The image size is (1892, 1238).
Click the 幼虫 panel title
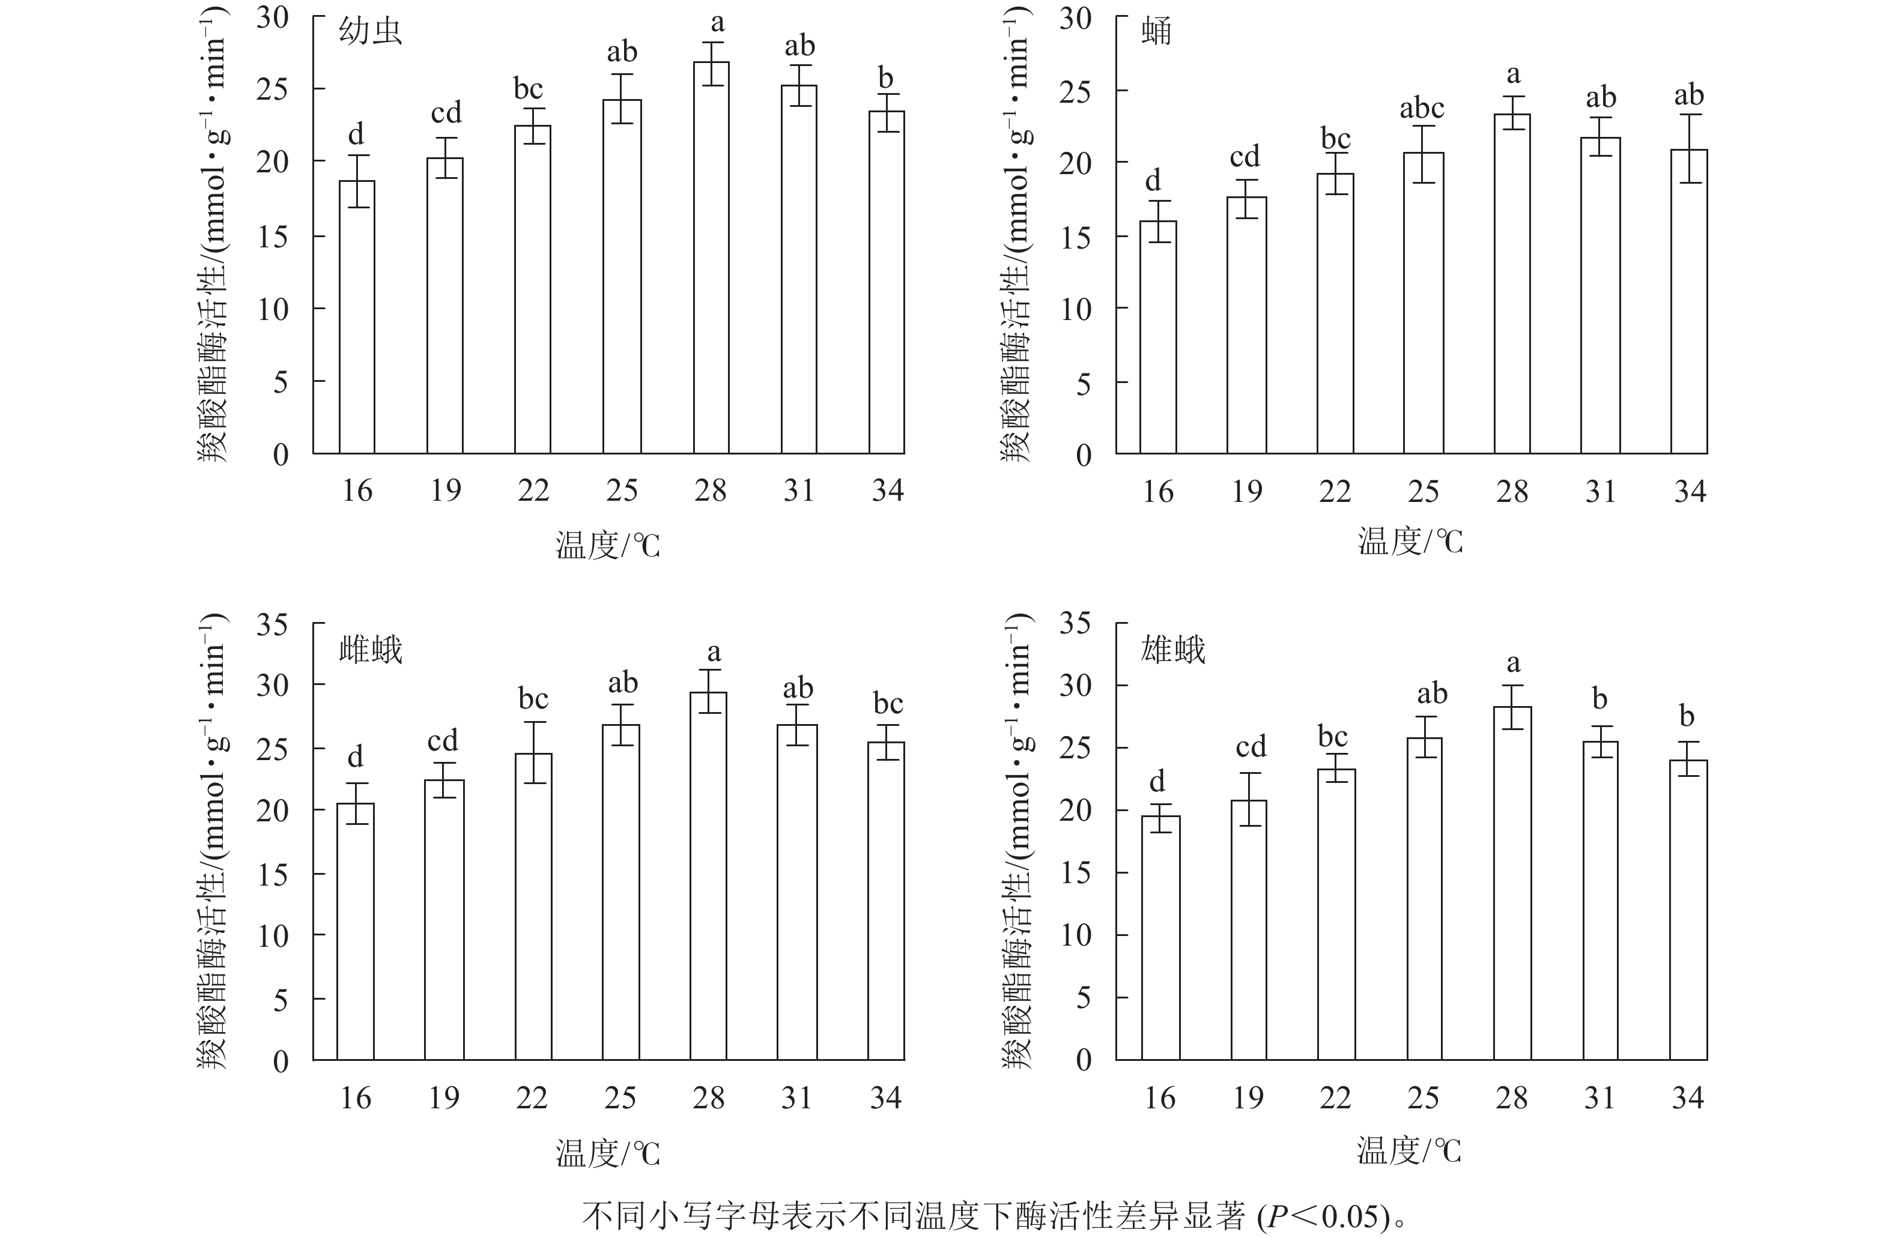371,32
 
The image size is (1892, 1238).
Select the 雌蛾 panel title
371,650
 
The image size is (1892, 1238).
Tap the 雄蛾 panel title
1174,650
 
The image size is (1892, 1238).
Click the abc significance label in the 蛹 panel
1422,107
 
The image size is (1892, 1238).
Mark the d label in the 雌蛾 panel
356,756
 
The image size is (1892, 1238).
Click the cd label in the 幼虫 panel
446,113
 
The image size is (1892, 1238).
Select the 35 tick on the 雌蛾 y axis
272,624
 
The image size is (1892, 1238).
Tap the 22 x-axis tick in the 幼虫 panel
533,491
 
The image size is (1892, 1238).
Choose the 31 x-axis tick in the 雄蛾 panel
1599,1098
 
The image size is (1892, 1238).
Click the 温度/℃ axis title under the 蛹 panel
1410,542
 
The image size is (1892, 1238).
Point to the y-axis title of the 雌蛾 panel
213,842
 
